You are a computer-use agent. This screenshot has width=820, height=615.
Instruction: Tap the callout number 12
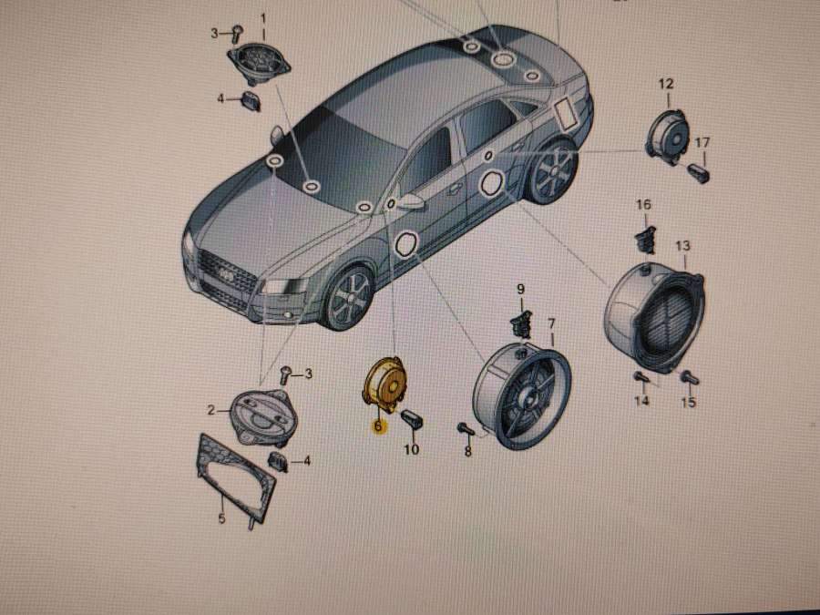tap(666, 84)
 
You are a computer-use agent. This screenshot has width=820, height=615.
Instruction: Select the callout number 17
tap(702, 142)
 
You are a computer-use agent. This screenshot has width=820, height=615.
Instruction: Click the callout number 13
tap(682, 245)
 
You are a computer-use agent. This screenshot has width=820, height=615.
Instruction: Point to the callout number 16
tap(643, 204)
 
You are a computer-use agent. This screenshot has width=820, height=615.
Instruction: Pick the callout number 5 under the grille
tap(221, 518)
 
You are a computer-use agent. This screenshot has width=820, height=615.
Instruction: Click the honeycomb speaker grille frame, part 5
tap(235, 477)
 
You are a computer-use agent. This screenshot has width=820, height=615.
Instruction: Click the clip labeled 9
tap(520, 320)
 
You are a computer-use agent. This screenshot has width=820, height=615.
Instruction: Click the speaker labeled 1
tap(259, 63)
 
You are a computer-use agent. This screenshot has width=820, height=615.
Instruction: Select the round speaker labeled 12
tap(668, 137)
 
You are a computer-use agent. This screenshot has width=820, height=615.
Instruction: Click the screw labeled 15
tap(690, 377)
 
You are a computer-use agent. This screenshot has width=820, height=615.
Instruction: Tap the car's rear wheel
tap(554, 171)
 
